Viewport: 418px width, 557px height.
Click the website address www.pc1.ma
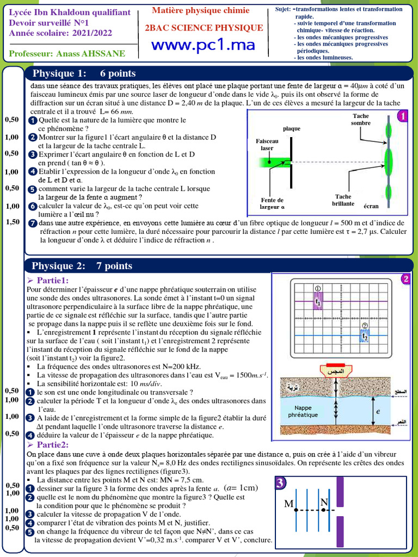[x=203, y=46]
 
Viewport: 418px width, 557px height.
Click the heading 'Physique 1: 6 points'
[x=84, y=73]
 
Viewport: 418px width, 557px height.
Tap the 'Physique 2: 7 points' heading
[x=82, y=266]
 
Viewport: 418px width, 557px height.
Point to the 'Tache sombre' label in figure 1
[x=361, y=120]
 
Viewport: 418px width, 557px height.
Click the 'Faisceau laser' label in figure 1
[x=267, y=144]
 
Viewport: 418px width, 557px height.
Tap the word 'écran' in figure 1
[x=371, y=206]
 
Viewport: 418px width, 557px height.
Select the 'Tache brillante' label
[x=343, y=200]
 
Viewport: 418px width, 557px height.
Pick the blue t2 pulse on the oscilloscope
[x=365, y=336]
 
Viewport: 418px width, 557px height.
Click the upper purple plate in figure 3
[x=339, y=492]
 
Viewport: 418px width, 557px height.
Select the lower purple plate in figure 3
[x=339, y=530]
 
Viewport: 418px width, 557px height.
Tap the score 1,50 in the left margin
[x=13, y=222]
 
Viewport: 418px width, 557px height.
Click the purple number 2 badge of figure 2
[x=405, y=279]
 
